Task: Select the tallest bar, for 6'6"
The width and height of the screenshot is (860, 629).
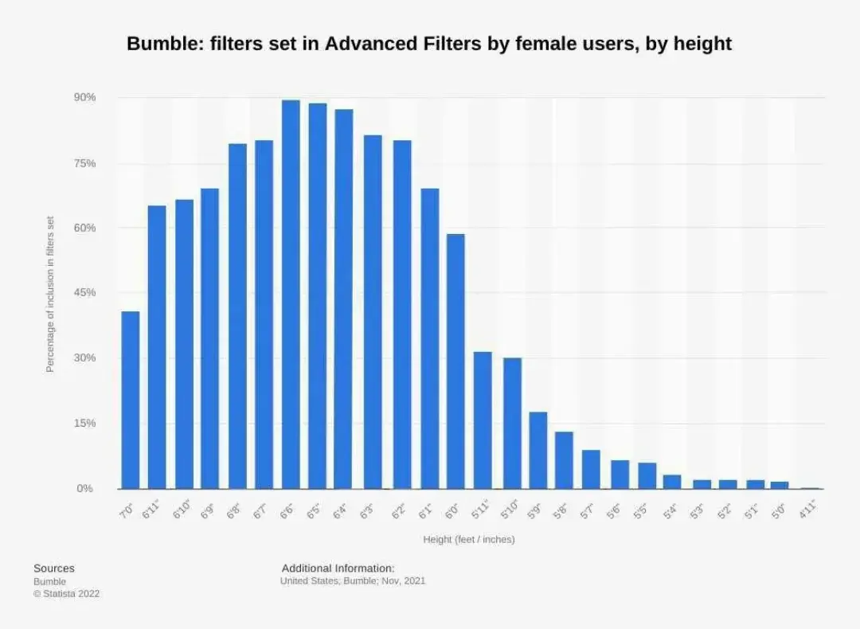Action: click(x=291, y=295)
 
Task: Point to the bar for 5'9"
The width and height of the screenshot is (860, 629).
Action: click(x=537, y=450)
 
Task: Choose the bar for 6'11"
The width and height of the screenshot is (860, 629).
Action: click(x=157, y=347)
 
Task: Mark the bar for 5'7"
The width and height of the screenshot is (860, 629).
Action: click(x=591, y=469)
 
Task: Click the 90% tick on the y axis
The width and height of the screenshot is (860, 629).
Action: click(x=86, y=97)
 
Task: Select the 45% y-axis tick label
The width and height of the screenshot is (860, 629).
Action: click(x=86, y=292)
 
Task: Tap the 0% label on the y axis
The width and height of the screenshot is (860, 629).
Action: click(x=85, y=488)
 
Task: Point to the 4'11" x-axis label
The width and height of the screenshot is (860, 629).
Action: click(x=807, y=509)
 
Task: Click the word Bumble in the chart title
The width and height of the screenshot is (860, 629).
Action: click(x=161, y=44)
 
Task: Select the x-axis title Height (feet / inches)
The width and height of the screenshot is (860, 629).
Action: click(x=468, y=539)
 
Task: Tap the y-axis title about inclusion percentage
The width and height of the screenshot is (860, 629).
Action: click(x=50, y=294)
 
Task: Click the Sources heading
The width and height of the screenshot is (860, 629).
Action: click(x=54, y=568)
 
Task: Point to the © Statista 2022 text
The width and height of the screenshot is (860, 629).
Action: click(x=66, y=594)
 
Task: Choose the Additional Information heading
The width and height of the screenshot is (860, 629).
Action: click(x=338, y=568)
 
